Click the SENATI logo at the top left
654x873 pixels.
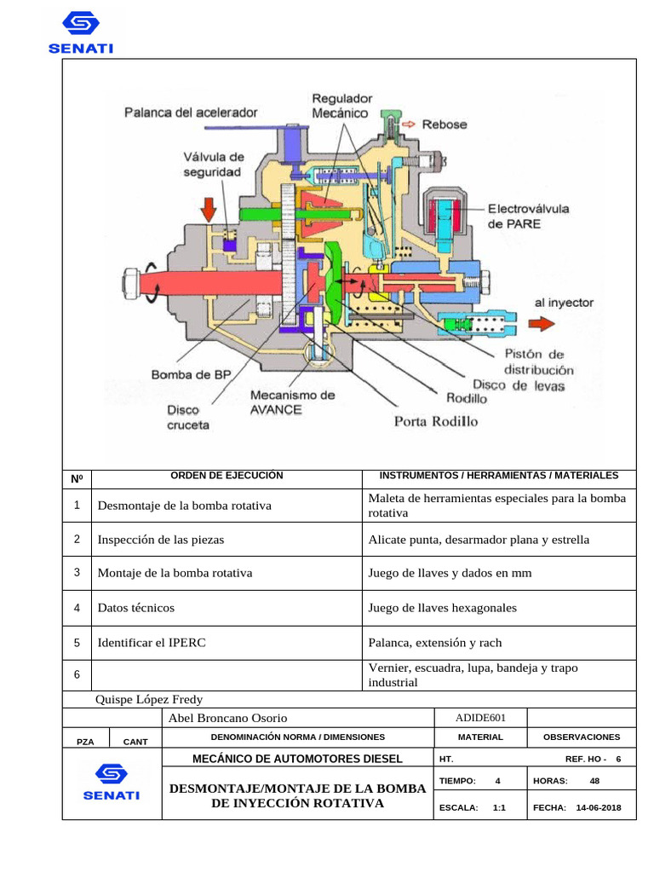[81, 32]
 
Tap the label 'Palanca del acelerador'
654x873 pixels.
[191, 112]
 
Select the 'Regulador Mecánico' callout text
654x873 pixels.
[341, 106]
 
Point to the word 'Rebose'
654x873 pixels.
[445, 124]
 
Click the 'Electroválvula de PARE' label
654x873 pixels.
[529, 216]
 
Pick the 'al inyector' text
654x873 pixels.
[564, 302]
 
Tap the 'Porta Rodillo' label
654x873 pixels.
[435, 421]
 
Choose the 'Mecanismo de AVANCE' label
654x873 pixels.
[292, 402]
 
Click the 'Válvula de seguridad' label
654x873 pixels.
[213, 165]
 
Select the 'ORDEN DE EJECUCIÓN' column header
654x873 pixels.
[227, 476]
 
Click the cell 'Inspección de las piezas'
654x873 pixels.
[161, 540]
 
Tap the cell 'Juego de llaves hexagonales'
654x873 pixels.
[442, 608]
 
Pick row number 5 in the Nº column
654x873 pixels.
[77, 642]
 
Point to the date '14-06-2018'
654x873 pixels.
[599, 807]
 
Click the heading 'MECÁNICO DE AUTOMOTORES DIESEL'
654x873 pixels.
[297, 759]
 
